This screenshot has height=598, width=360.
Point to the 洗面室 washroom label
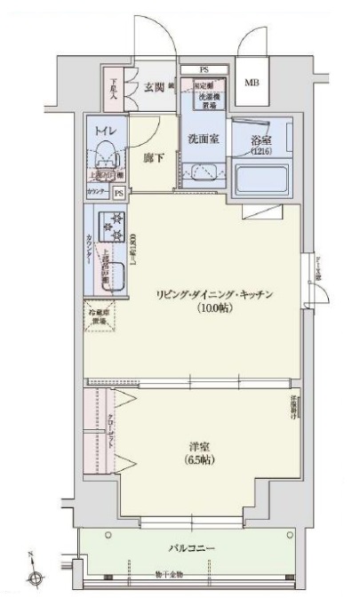click(203, 139)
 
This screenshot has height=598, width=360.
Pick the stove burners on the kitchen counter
click(114, 228)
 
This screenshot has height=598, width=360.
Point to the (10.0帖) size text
click(213, 309)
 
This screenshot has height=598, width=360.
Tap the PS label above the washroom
click(204, 69)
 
